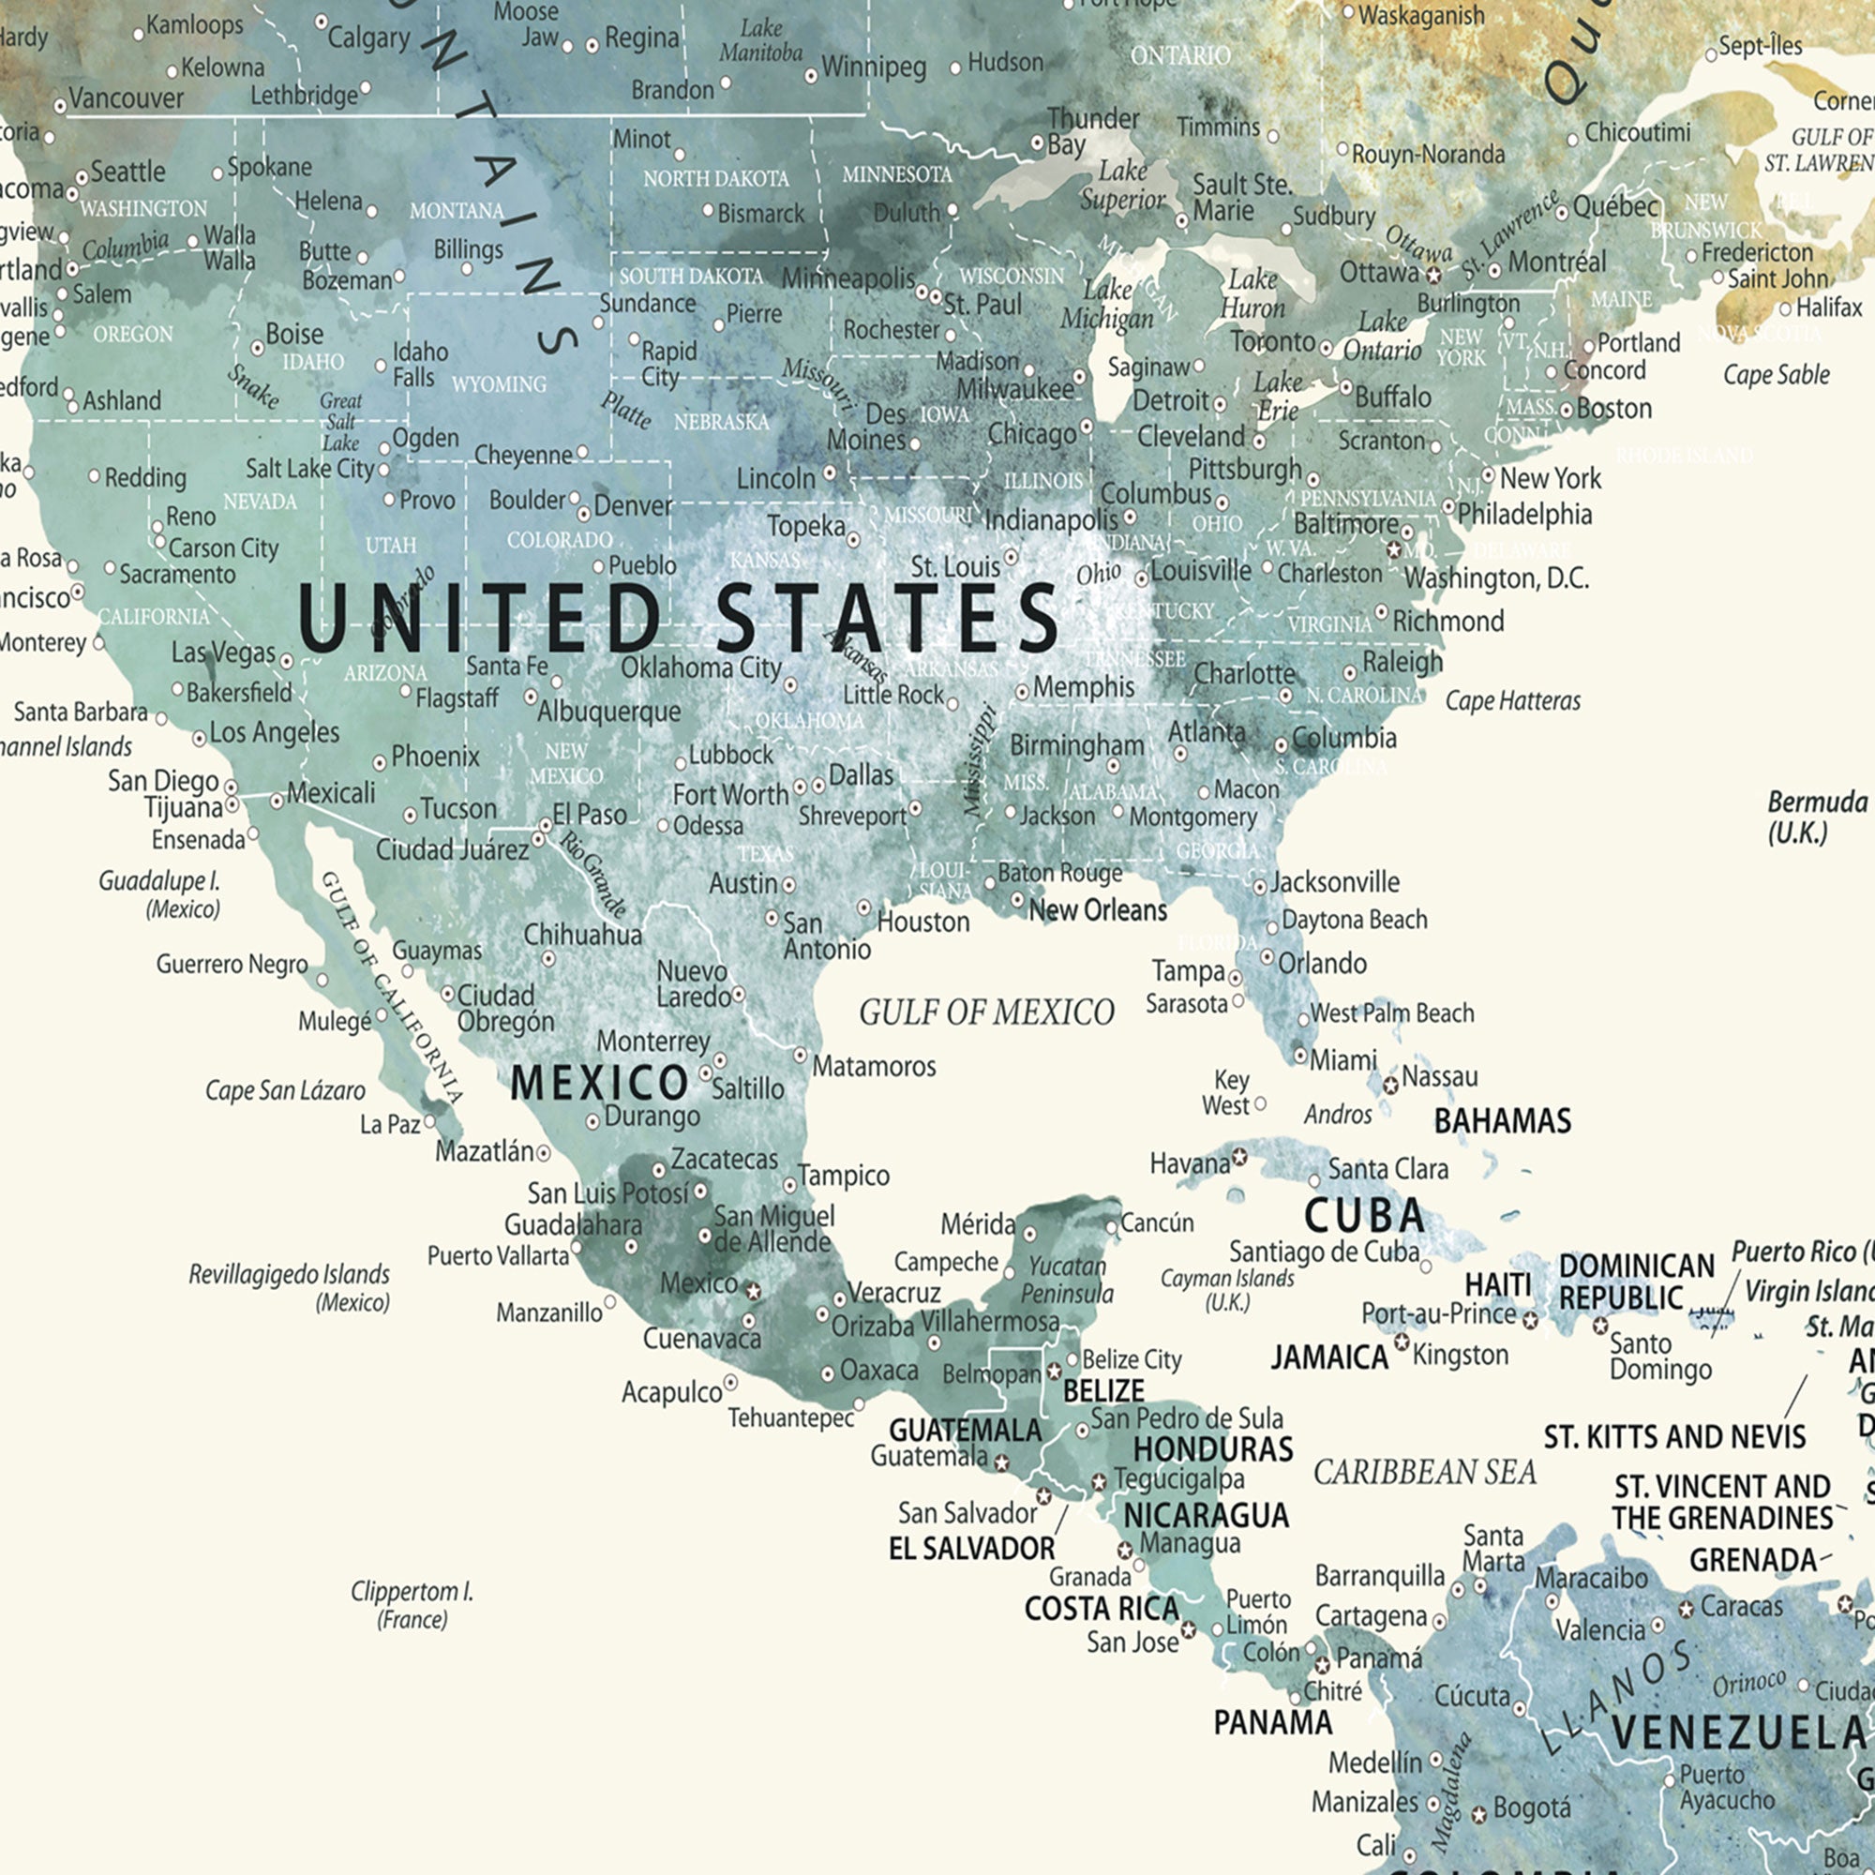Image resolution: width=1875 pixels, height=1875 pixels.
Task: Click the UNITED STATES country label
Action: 678,618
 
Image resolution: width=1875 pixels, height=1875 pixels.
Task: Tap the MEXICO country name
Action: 599,1082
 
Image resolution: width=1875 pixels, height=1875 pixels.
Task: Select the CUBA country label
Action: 1363,1215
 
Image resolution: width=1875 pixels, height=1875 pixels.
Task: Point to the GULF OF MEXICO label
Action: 986,1012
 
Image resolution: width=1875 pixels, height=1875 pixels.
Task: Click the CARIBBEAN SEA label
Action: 1425,1472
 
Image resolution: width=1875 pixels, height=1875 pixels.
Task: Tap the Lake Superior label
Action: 1123,186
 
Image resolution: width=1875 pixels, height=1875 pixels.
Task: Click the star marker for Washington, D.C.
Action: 1395,550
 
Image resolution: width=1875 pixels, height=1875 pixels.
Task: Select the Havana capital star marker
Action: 1239,1157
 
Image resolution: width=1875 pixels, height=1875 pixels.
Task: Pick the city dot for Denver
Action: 584,514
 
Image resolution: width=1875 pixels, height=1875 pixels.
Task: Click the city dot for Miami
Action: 1300,1055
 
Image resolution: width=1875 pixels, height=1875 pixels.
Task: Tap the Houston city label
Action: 922,921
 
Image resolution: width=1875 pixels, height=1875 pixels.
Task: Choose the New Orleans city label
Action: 1098,910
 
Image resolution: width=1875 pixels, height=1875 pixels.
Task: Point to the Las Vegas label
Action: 223,652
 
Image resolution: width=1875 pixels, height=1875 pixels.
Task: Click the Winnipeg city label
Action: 874,67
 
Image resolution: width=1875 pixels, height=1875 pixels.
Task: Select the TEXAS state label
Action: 766,854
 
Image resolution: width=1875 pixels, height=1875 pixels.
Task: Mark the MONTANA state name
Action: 457,211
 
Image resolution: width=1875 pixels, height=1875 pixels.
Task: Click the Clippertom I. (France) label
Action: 412,1605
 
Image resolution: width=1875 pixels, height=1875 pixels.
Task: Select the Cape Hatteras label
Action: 1512,700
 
